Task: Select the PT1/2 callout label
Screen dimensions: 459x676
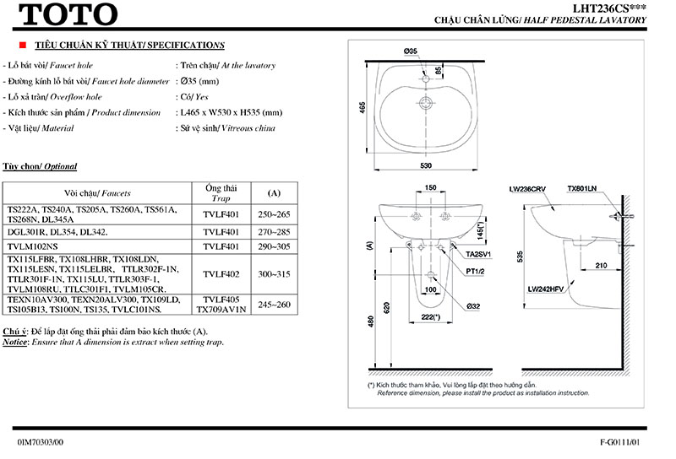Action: point(476,270)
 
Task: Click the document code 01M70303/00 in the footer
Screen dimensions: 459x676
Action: point(40,441)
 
